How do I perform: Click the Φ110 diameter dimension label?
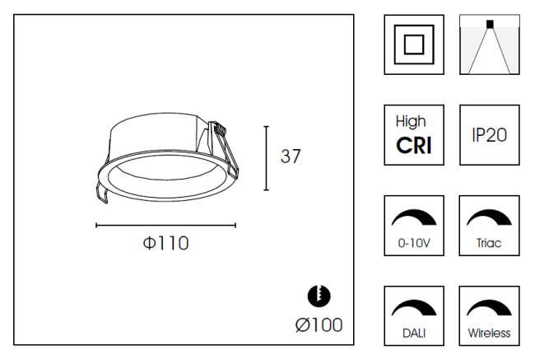click(x=165, y=243)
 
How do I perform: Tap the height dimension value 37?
click(x=291, y=156)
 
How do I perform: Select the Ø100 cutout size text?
click(x=319, y=325)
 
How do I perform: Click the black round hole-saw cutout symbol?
click(x=319, y=296)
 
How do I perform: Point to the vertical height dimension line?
click(x=266, y=158)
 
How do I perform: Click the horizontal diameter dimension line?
click(x=165, y=225)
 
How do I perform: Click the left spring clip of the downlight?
click(x=102, y=193)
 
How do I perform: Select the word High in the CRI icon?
click(x=411, y=122)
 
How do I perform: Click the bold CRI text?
click(x=414, y=146)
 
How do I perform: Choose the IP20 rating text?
click(x=489, y=135)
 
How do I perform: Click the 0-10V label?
click(x=414, y=243)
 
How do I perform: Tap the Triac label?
click(x=489, y=243)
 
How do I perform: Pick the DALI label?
click(x=414, y=333)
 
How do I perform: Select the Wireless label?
click(x=489, y=333)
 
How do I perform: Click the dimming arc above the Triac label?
click(x=489, y=217)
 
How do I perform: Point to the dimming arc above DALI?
click(x=414, y=308)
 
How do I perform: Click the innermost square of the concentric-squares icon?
click(x=414, y=44)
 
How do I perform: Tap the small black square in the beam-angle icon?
click(x=490, y=24)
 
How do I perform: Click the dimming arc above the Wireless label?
click(x=489, y=308)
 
